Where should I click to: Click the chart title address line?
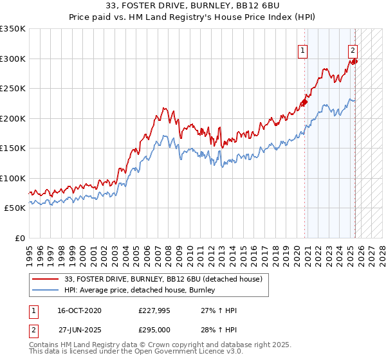(x=193, y=6)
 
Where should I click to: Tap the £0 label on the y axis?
(x=19, y=238)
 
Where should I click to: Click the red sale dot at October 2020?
(x=305, y=101)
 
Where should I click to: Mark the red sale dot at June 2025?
(x=354, y=61)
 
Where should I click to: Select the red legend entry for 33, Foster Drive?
(x=163, y=280)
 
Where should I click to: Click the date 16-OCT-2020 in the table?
(x=79, y=310)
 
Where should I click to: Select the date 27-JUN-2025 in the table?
(x=79, y=330)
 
